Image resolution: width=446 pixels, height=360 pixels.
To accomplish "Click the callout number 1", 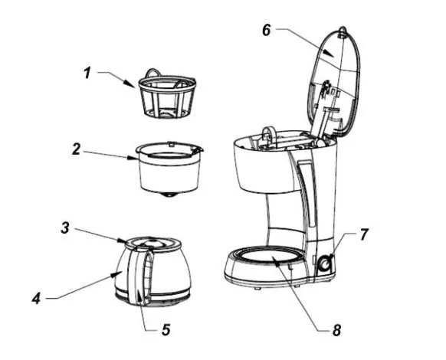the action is tap(87, 73).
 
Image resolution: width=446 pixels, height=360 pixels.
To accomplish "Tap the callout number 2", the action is tap(76, 149).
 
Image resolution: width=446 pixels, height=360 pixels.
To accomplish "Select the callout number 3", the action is tap(65, 227).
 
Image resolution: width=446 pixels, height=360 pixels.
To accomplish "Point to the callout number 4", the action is tap(37, 299).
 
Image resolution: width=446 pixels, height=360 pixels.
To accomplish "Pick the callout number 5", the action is tap(166, 330).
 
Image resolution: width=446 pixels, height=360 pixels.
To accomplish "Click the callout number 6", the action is tap(267, 30).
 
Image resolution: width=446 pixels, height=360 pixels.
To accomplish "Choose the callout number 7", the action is tap(364, 234).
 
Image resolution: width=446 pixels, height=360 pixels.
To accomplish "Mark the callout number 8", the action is tap(336, 330).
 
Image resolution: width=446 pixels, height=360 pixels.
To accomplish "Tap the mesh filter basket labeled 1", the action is tap(167, 95).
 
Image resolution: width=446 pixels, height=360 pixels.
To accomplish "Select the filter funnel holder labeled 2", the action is tap(169, 169).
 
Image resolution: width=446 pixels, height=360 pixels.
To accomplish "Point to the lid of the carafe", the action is tap(153, 244).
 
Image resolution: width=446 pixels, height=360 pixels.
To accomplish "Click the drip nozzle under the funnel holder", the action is tap(169, 195).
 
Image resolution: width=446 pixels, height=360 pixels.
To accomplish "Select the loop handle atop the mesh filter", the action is tap(153, 72).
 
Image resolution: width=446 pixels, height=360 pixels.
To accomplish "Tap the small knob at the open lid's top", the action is tap(343, 31).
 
